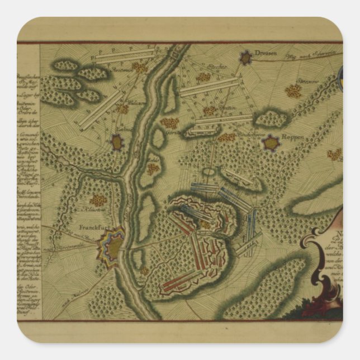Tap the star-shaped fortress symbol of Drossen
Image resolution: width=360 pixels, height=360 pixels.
point(245,56)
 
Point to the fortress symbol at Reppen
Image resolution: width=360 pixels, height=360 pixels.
point(271,143)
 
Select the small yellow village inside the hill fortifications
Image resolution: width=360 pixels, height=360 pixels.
point(206,225)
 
